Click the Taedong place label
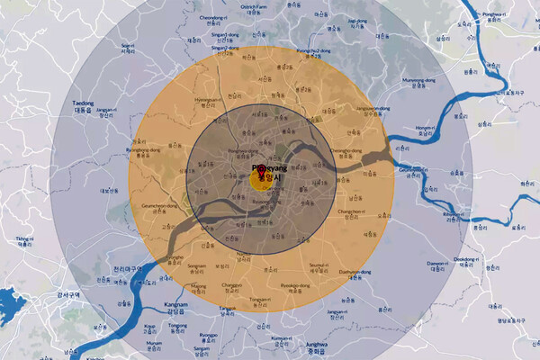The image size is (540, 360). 83,103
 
